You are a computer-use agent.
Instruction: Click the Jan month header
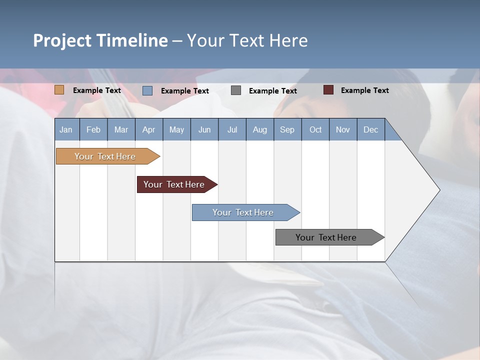coord(66,129)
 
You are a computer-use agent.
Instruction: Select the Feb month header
coord(93,129)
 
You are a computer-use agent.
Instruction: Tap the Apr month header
coord(148,129)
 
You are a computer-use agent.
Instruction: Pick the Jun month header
coord(204,129)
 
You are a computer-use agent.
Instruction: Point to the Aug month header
coord(259,129)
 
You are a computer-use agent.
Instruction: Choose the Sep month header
coord(287,129)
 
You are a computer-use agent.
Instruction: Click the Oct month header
coord(315,129)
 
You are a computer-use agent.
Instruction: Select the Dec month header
coord(370,129)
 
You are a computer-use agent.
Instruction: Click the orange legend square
coord(59,90)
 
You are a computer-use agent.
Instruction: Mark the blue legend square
coord(147,90)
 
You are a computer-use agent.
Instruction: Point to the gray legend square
coord(236,90)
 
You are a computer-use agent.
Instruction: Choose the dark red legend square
coord(328,90)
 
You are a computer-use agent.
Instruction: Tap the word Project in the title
coord(62,40)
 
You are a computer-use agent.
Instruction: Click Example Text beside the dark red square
coord(364,90)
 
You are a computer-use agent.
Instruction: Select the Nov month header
coord(343,129)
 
